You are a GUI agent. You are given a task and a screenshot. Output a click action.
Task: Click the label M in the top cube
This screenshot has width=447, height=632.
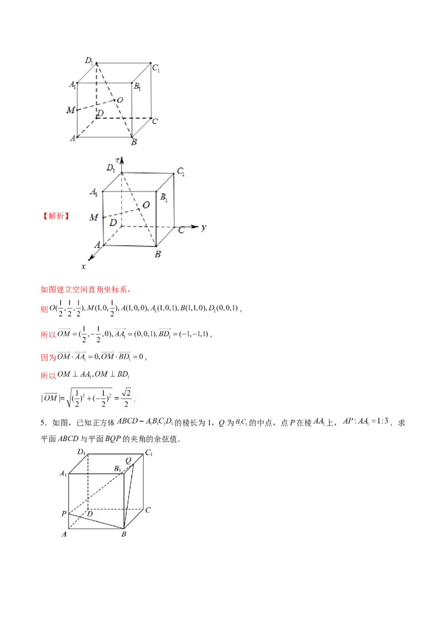point(70,111)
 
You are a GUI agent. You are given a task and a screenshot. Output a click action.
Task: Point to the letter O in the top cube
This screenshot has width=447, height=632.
point(120,99)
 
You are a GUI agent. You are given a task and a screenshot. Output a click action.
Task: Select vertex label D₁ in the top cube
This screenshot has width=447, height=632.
point(89,60)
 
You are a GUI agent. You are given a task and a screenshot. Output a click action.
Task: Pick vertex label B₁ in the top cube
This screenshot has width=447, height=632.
point(137,88)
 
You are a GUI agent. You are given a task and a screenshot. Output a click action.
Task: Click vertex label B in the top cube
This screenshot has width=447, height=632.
point(134,143)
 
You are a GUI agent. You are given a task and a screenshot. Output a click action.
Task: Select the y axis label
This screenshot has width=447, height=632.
point(205,227)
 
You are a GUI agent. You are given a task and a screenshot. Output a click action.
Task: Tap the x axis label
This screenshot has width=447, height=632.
point(84,267)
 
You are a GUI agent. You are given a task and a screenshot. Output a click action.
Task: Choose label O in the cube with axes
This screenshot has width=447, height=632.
point(146,205)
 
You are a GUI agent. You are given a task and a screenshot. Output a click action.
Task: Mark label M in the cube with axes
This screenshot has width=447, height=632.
point(94,217)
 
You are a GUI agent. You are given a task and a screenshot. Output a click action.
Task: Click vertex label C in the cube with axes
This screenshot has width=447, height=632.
point(181,229)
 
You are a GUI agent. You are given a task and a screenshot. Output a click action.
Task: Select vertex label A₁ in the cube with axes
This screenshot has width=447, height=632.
point(94,193)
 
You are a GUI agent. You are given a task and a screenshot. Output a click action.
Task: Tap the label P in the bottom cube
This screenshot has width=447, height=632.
point(64,513)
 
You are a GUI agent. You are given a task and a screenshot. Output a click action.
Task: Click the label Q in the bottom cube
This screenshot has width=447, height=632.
point(128,460)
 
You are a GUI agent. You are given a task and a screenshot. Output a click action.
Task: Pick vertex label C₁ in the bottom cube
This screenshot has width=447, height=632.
point(149,453)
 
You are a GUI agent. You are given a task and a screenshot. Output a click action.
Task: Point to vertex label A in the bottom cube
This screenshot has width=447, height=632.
point(64,534)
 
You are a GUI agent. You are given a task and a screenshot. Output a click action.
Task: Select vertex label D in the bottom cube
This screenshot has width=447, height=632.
point(89,514)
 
